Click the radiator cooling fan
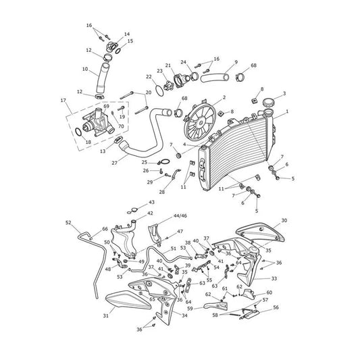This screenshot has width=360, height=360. click(201, 121)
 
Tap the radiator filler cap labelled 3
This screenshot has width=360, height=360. click(269, 102)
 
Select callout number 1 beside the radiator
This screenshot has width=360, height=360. click(287, 111)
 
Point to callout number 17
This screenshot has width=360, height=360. click(63, 101)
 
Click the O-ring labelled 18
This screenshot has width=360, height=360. click(78, 132)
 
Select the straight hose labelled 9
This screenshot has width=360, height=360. click(215, 78)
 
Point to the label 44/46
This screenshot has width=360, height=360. click(180, 216)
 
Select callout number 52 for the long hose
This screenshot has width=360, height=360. click(68, 222)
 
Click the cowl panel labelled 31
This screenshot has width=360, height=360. click(128, 300)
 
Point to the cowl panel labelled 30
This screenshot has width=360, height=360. click(260, 232)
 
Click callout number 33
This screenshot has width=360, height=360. click(274, 278)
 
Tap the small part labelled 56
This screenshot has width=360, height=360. click(251, 314)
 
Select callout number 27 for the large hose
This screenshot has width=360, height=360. click(115, 163)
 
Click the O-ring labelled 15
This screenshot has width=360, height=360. click(118, 51)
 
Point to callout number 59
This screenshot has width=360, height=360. click(190, 309)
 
